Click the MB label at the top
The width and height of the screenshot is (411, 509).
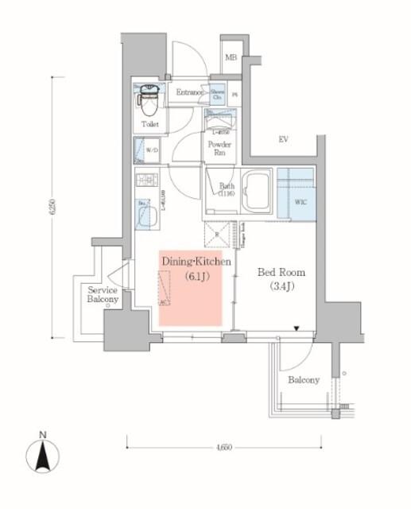click(x=231, y=57)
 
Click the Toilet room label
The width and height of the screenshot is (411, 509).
click(x=149, y=125)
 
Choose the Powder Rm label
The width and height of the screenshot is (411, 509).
click(x=219, y=149)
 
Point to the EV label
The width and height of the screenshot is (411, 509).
click(x=283, y=140)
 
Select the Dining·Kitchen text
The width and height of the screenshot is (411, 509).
click(x=196, y=262)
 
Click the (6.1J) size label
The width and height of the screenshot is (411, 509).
click(x=196, y=277)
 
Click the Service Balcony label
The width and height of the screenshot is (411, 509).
click(x=103, y=295)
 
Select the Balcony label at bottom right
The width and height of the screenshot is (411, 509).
click(x=304, y=380)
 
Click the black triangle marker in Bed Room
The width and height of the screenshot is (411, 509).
click(x=297, y=328)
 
